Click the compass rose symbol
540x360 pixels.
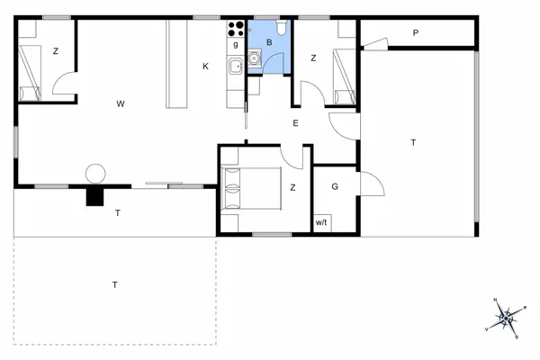pos(507,317)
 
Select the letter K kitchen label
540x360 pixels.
pos(205,66)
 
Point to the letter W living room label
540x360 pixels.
pos(120,104)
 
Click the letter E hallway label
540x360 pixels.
pos(294,124)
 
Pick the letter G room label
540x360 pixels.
pos(334,187)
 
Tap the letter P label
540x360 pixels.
pos(416,33)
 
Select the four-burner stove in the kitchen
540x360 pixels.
pos(237,28)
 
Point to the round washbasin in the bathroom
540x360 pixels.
pos(255,59)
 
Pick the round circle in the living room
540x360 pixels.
pos(95,173)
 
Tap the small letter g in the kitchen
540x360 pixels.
pos(236,43)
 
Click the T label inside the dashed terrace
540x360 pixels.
pos(115,284)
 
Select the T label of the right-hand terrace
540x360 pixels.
pos(413,142)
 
